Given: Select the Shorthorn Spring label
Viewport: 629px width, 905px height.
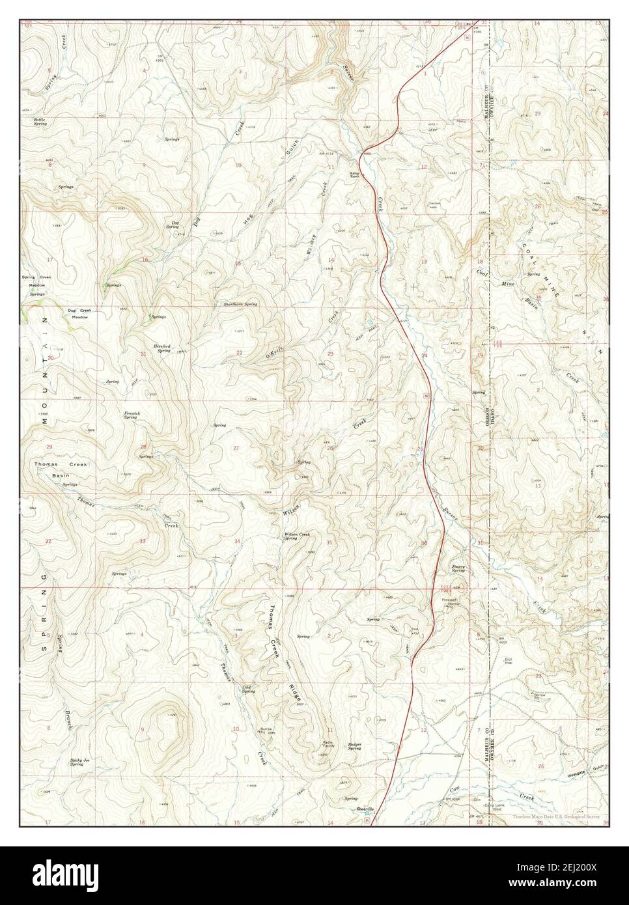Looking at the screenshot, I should pos(241,305).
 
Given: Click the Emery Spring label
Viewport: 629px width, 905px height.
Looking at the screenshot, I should pos(459,568).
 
